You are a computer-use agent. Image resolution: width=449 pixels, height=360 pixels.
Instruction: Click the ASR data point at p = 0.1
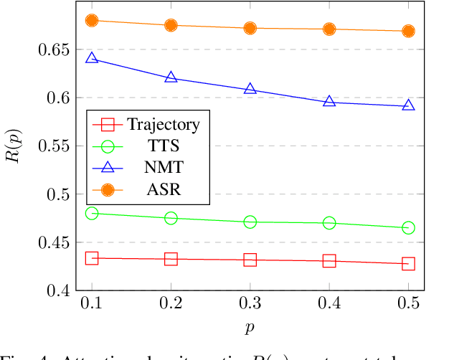pos(92,21)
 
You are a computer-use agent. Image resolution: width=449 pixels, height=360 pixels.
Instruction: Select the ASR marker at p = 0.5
pos(408,31)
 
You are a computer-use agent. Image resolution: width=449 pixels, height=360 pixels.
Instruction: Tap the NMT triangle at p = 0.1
pos(92,57)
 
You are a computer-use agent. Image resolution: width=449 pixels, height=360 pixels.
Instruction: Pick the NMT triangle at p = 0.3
pos(250,88)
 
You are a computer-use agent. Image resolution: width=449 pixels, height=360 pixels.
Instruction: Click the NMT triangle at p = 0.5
pos(408,105)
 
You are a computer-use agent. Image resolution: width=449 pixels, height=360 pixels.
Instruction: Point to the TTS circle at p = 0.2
pos(171,218)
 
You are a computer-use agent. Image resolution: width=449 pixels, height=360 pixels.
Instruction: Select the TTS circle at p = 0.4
pos(329,223)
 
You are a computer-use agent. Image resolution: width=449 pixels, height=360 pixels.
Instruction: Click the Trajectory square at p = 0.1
pos(92,258)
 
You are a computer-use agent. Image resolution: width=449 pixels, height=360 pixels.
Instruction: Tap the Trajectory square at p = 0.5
pos(408,264)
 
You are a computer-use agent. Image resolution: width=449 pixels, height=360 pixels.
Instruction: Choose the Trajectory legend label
pos(164,124)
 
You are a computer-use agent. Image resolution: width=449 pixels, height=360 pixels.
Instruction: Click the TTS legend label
pos(164,146)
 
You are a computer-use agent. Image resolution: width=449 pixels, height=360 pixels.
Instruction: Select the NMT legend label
pos(164,167)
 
